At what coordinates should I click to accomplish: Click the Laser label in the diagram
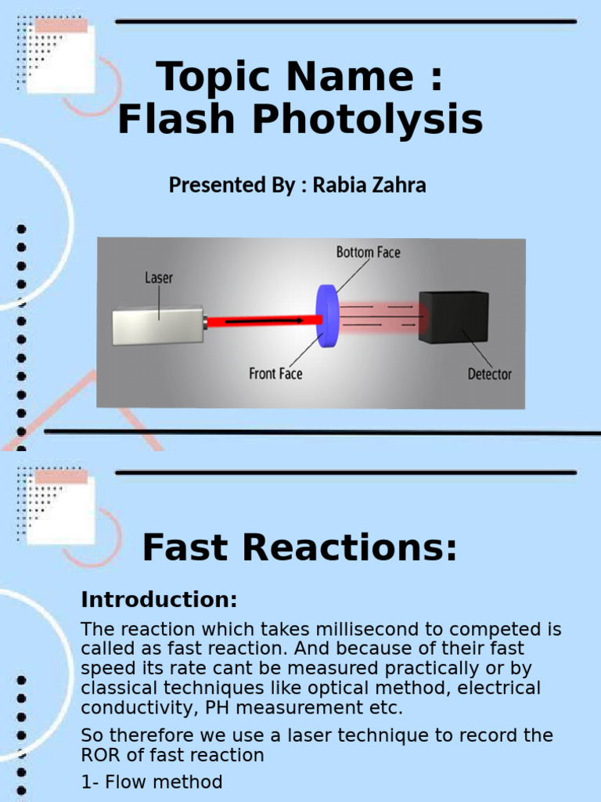click(x=159, y=277)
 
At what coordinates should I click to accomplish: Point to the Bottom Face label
click(x=368, y=251)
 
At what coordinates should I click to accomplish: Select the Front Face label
click(x=275, y=374)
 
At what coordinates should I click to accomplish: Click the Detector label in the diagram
click(x=489, y=374)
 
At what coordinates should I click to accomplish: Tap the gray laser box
click(x=158, y=325)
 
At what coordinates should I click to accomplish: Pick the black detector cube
click(x=453, y=316)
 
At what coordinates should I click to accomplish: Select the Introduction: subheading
click(x=159, y=600)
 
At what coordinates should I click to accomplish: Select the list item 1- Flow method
click(x=152, y=782)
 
